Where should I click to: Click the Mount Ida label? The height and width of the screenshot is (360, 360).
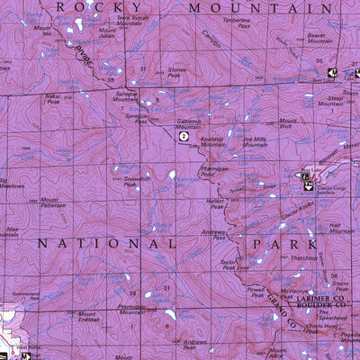point(42,31)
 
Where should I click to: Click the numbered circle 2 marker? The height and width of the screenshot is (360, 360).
point(183,138)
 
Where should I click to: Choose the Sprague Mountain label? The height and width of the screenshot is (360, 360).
point(126,97)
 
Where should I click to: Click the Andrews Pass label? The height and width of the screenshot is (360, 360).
point(213,235)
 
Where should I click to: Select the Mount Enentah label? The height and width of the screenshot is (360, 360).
point(88,317)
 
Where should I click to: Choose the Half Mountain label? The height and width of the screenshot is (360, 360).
point(341,228)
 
